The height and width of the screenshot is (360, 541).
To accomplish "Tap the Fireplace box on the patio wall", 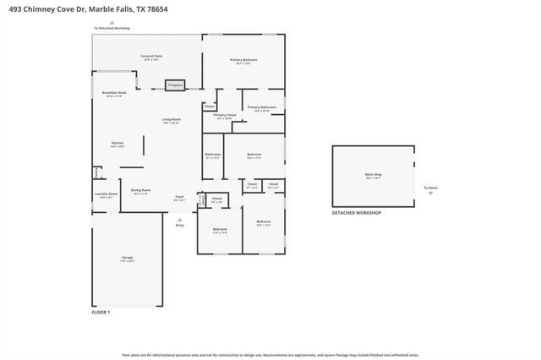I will pyautogui.click(x=175, y=85).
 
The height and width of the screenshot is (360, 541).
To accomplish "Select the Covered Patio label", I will pyautogui.click(x=152, y=57).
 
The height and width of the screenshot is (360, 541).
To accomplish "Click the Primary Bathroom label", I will pyautogui.click(x=261, y=109).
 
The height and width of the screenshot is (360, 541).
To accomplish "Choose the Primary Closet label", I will pyautogui.click(x=224, y=116).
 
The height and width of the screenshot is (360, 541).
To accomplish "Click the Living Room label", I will pyautogui.click(x=171, y=121).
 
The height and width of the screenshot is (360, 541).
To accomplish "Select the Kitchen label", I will pyautogui.click(x=117, y=145).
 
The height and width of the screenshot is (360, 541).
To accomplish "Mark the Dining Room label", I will pyautogui.click(x=140, y=192).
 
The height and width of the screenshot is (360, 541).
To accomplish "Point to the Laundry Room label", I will pyautogui.click(x=106, y=195).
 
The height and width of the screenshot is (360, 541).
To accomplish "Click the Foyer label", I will pyautogui.click(x=179, y=198).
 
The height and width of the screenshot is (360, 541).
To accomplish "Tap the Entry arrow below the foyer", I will pyautogui.click(x=179, y=219).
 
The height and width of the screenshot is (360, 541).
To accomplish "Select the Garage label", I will pyautogui.click(x=127, y=259).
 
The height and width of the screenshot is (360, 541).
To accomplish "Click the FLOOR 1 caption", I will pyautogui.click(x=101, y=313).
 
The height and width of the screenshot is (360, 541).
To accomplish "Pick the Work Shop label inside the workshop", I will pyautogui.click(x=373, y=177).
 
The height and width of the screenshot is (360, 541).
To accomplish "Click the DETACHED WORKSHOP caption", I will pyautogui.click(x=356, y=213).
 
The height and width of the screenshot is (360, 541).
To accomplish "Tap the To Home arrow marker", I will pyautogui.click(x=430, y=193).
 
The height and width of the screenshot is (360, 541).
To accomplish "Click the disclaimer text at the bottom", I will pyautogui.click(x=270, y=355).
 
